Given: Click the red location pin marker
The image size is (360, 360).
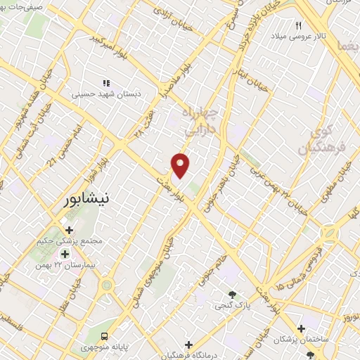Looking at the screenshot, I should pos(181,165).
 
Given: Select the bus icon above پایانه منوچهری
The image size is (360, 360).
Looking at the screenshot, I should pos(105,336).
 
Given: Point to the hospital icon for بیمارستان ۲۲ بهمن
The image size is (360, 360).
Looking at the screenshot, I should pos(65,254).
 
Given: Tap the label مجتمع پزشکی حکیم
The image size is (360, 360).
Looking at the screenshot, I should pos(70,241).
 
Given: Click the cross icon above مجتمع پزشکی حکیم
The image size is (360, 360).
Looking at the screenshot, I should pos(69,229).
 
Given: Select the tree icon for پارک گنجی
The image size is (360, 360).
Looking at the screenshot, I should pos(233,294).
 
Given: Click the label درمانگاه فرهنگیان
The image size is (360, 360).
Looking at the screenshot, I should pos(188,356).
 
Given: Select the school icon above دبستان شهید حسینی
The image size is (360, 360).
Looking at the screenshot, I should pos(107,83).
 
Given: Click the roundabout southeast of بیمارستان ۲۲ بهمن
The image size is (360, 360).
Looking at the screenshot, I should pos(107,285).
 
